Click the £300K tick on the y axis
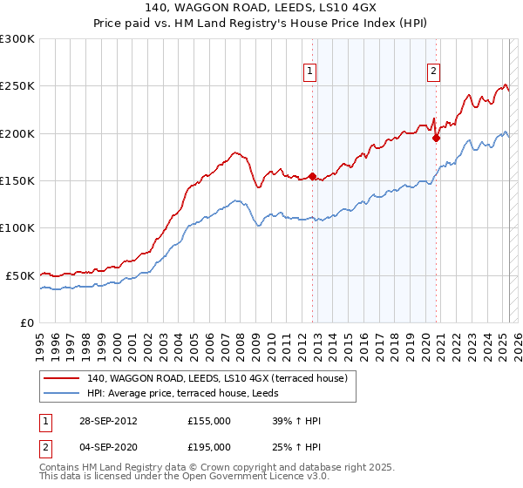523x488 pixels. pyautogui.click(x=17, y=39)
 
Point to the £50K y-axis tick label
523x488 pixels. pyautogui.click(x=20, y=275)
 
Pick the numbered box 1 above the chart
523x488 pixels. pyautogui.click(x=311, y=73)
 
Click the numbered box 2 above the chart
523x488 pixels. pyautogui.click(x=433, y=73)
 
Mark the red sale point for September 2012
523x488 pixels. pyautogui.click(x=312, y=177)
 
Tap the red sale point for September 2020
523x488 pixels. pyautogui.click(x=437, y=137)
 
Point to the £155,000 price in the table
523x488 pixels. pyautogui.click(x=209, y=421)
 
